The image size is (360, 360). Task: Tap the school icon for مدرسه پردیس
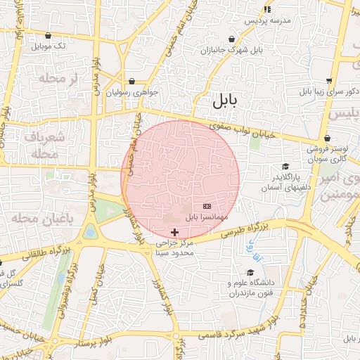click(x=267, y=9)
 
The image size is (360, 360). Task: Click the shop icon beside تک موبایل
click(x=48, y=35)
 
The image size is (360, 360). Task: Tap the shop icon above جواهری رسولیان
click(x=132, y=81)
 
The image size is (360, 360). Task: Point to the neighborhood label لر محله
click(x=60, y=78)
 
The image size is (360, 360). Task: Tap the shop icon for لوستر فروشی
click(x=328, y=138)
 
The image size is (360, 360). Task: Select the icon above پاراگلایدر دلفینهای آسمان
click(x=285, y=165)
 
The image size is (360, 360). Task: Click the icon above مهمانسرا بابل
click(x=207, y=206)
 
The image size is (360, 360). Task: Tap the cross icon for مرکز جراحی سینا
click(x=174, y=232)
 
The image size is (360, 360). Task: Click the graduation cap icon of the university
click(x=250, y=272)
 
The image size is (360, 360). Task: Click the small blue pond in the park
click(x=90, y=231)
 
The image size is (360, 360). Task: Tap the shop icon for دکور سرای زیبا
click(x=330, y=82)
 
